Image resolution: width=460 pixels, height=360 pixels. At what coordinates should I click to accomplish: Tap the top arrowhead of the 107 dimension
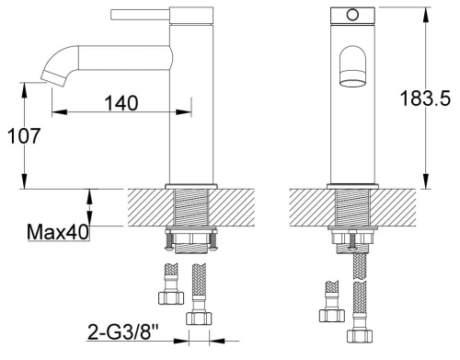24,87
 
